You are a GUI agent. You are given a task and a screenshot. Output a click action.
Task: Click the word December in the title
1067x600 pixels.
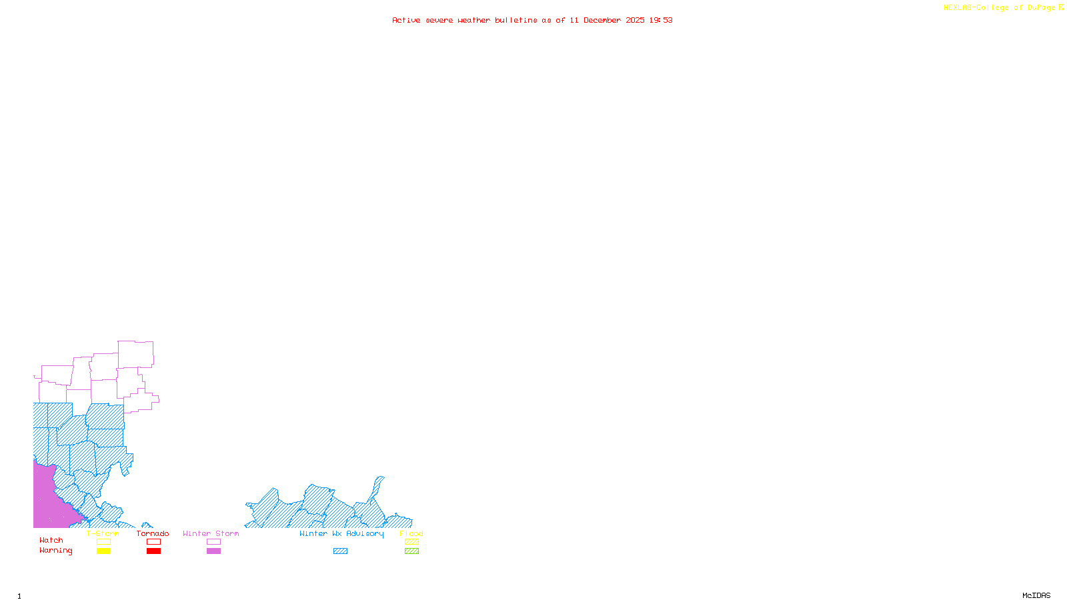pyautogui.click(x=602, y=20)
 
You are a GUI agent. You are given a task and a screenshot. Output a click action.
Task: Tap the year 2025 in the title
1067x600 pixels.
pyautogui.click(x=635, y=20)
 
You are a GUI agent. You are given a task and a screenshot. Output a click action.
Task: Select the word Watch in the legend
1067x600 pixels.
pyautogui.click(x=51, y=540)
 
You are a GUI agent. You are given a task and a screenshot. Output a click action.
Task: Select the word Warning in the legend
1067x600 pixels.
pyautogui.click(x=55, y=551)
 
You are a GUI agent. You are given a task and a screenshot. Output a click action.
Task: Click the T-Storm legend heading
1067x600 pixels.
pyautogui.click(x=103, y=533)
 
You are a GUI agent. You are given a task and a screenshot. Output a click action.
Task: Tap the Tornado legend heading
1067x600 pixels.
pyautogui.click(x=153, y=533)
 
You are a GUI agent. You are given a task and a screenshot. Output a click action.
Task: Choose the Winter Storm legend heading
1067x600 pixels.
pyautogui.click(x=211, y=533)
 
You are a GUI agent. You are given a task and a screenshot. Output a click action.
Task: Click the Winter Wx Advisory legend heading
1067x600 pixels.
pyautogui.click(x=341, y=533)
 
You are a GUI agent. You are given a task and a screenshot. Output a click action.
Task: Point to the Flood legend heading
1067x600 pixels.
pyautogui.click(x=411, y=533)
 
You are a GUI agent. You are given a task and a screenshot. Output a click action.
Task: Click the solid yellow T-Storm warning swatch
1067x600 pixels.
pyautogui.click(x=103, y=551)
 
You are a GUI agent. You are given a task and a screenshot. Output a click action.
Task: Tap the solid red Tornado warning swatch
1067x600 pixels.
pyautogui.click(x=153, y=551)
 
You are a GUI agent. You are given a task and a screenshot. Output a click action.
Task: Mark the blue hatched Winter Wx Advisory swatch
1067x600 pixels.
pyautogui.click(x=340, y=551)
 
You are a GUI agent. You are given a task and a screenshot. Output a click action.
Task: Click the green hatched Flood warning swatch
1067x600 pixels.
pyautogui.click(x=411, y=551)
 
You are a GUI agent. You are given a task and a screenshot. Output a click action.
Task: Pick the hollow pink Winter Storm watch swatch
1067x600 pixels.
pyautogui.click(x=213, y=542)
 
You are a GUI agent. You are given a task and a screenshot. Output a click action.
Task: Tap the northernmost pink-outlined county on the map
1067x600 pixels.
pyautogui.click(x=135, y=353)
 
